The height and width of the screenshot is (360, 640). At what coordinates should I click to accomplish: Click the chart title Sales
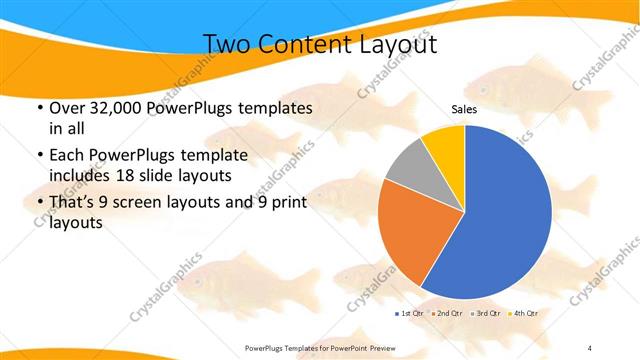pos(464,109)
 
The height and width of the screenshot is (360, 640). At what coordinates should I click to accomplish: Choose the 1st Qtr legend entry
pos(409,313)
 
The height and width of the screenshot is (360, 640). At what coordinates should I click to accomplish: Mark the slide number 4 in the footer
pos(590,347)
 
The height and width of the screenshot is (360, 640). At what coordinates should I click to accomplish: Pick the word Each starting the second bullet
pos(67,156)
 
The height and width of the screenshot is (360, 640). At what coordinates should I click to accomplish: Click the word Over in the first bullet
pos(67,108)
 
